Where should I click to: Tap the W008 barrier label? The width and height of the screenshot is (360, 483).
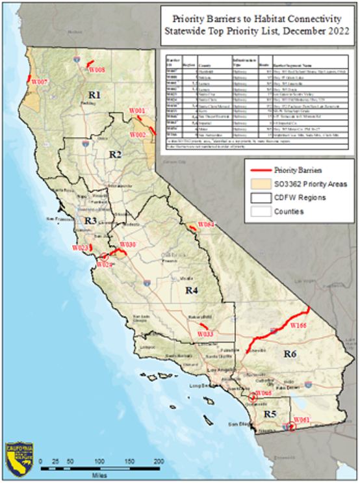click(x=97, y=69)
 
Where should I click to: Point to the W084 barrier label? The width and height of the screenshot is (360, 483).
click(x=206, y=224)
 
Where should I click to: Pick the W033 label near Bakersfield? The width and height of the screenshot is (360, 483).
click(x=205, y=333)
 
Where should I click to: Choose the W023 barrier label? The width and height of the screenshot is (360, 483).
click(x=80, y=248)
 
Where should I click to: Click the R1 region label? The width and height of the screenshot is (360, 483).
click(x=96, y=96)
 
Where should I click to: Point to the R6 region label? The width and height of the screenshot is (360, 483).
click(x=290, y=354)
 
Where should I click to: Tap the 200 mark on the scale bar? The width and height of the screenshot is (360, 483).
click(x=158, y=461)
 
